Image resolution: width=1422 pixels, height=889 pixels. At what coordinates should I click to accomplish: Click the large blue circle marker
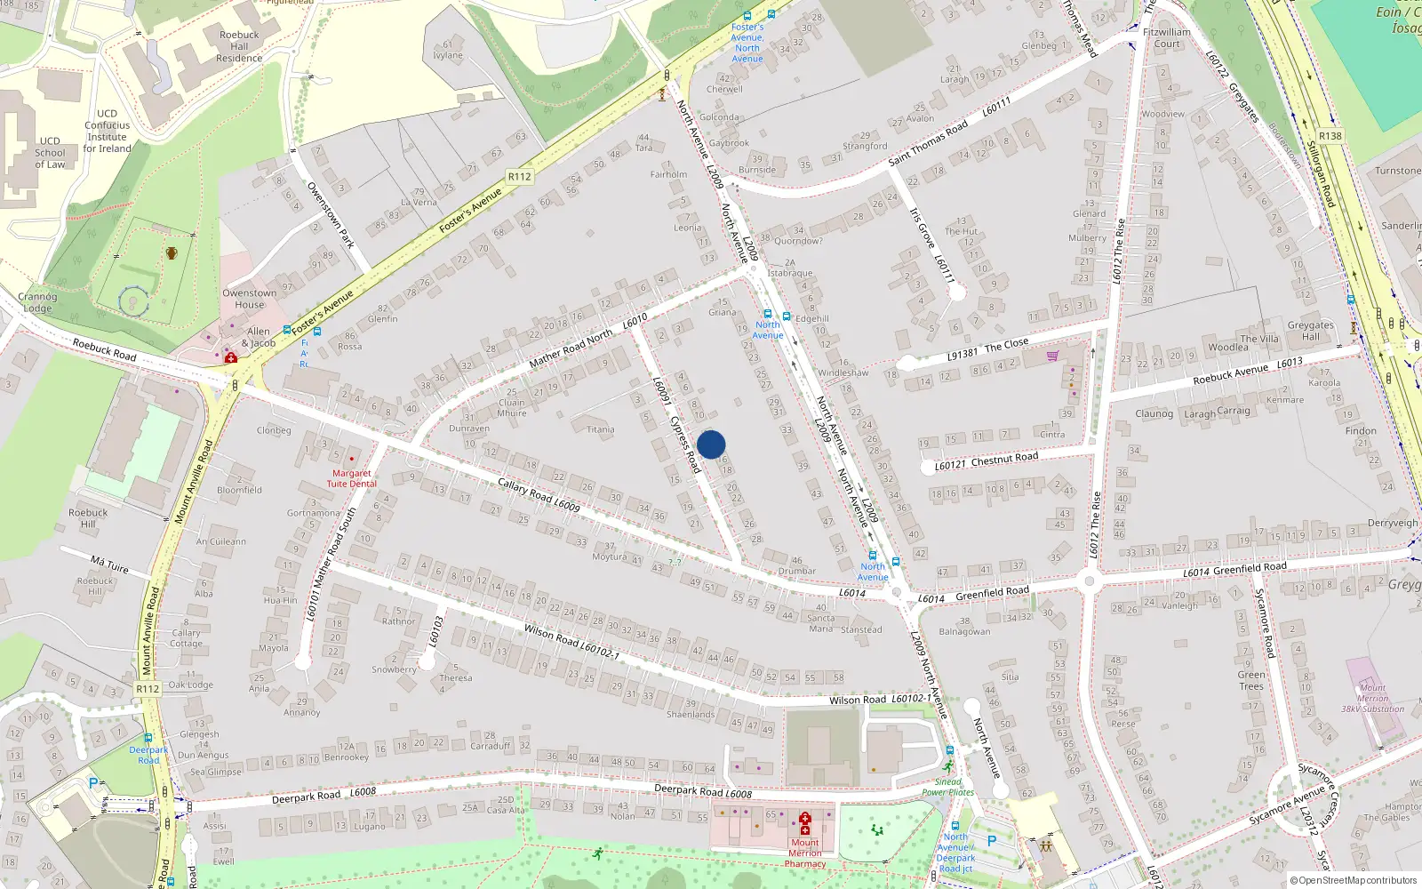point(711,444)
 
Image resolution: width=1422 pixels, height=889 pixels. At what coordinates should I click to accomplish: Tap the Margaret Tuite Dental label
point(351,478)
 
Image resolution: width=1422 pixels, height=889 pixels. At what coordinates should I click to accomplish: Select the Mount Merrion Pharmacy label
point(805,853)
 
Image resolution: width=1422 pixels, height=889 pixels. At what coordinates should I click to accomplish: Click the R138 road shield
point(1330,136)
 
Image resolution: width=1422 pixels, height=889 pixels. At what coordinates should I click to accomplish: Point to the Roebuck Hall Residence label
point(239,47)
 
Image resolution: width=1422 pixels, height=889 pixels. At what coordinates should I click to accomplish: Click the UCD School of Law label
point(50,152)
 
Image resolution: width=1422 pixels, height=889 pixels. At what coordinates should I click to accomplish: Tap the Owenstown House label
point(249,299)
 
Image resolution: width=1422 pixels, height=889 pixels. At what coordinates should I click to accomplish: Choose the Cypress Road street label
point(685,444)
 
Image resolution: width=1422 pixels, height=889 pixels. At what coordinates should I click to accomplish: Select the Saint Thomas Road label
point(928,143)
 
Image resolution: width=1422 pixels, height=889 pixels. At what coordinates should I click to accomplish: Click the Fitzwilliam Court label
point(1167,37)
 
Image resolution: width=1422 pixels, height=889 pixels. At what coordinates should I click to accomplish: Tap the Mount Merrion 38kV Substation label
point(1372,698)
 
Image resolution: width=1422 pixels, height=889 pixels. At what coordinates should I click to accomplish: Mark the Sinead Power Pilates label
point(947,787)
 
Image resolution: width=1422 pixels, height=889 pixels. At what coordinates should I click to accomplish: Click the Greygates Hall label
point(1310,331)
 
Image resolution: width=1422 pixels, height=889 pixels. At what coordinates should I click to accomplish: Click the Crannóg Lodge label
point(37,302)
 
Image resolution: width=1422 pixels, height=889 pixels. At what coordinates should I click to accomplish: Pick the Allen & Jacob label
point(258,337)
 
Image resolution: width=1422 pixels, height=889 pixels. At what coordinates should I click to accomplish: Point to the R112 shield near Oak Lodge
point(148,689)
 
